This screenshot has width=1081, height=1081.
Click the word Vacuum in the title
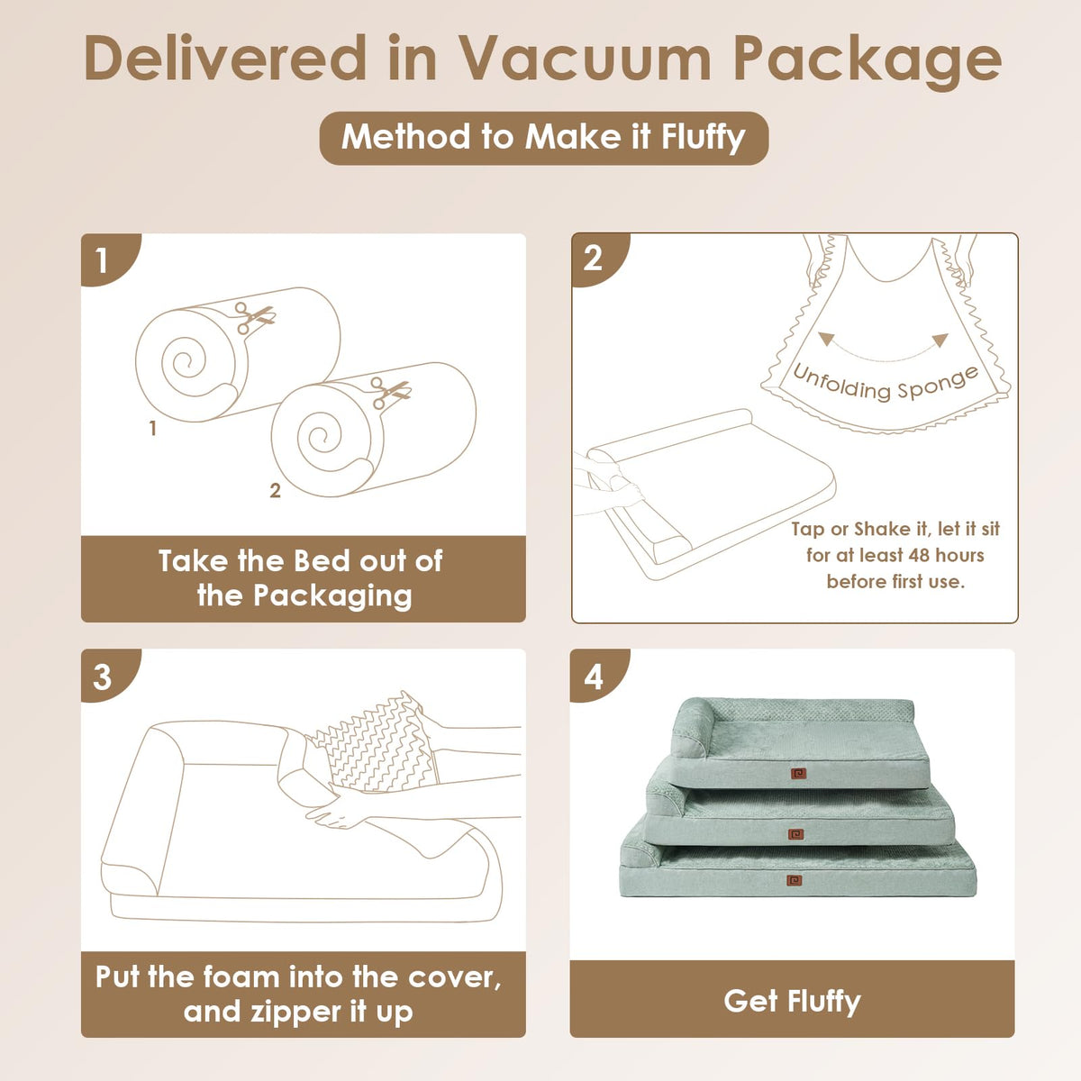[x=586, y=58]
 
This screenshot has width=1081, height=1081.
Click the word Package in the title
[x=868, y=61]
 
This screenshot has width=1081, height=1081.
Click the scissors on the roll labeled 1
[x=253, y=317]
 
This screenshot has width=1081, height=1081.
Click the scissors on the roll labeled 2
[x=389, y=391]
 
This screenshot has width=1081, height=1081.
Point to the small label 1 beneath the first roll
[x=152, y=429]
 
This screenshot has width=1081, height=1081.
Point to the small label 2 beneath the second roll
[x=275, y=490]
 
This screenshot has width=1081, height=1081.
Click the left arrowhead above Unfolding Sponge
[x=825, y=339]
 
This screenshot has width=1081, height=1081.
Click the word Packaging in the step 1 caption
[x=332, y=596]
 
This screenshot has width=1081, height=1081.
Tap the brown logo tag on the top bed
[x=798, y=774]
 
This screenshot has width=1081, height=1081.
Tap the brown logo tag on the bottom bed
[x=794, y=880]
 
